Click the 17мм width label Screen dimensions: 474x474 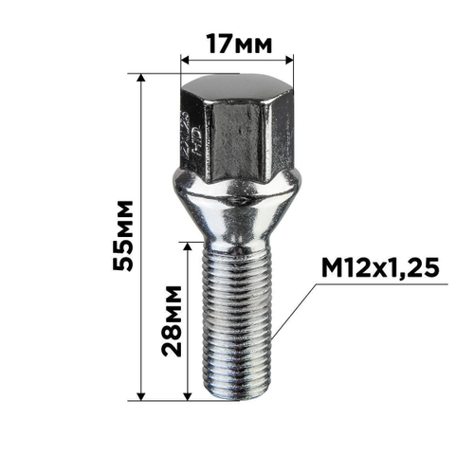pyautogui.click(x=237, y=43)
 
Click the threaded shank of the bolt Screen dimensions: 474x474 pyautogui.click(x=237, y=313)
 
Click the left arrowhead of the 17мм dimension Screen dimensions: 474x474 pyautogui.click(x=184, y=59)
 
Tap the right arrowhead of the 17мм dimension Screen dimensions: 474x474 pyautogui.click(x=290, y=59)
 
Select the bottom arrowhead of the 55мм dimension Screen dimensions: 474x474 pyautogui.click(x=142, y=395)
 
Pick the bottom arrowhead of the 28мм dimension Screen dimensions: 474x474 pyautogui.click(x=191, y=395)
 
